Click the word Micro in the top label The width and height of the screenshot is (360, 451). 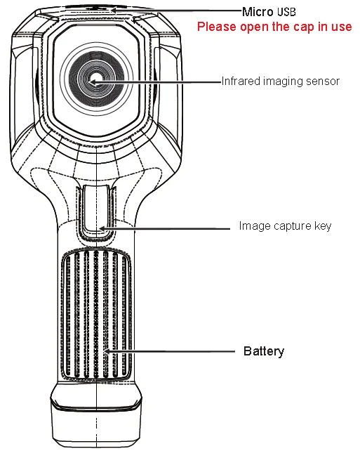click(x=258, y=12)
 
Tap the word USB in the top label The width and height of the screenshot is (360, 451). click(x=286, y=12)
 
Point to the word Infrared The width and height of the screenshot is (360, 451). click(x=241, y=81)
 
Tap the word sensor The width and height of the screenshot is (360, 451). click(x=323, y=81)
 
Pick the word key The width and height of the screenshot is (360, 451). click(x=323, y=226)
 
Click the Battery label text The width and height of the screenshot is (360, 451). click(x=264, y=351)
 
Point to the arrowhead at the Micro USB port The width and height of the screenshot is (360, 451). click(x=114, y=10)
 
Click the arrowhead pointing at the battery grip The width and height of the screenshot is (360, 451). click(x=107, y=351)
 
